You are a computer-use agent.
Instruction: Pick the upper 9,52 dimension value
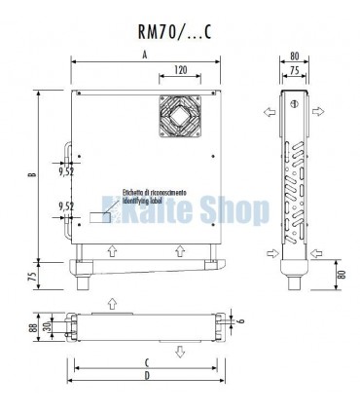(66, 171)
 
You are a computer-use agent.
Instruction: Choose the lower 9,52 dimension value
(66, 206)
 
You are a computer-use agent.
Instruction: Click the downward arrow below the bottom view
(179, 352)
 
